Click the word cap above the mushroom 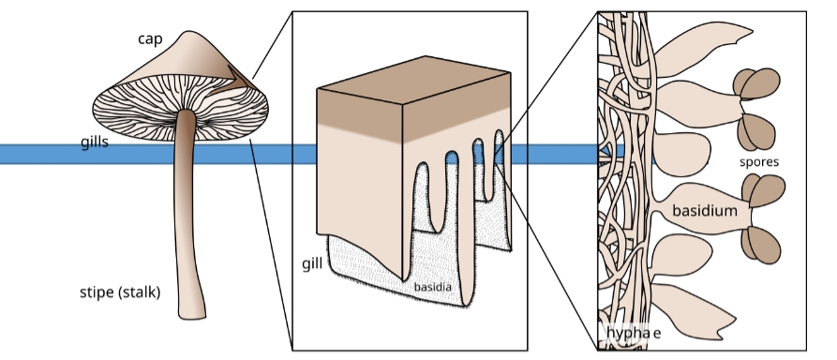[151, 38]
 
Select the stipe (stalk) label [120, 292]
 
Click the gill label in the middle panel [312, 262]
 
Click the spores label [758, 161]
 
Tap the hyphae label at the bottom [634, 333]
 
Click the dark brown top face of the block [412, 103]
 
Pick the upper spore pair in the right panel [757, 108]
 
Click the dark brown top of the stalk [187, 120]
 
